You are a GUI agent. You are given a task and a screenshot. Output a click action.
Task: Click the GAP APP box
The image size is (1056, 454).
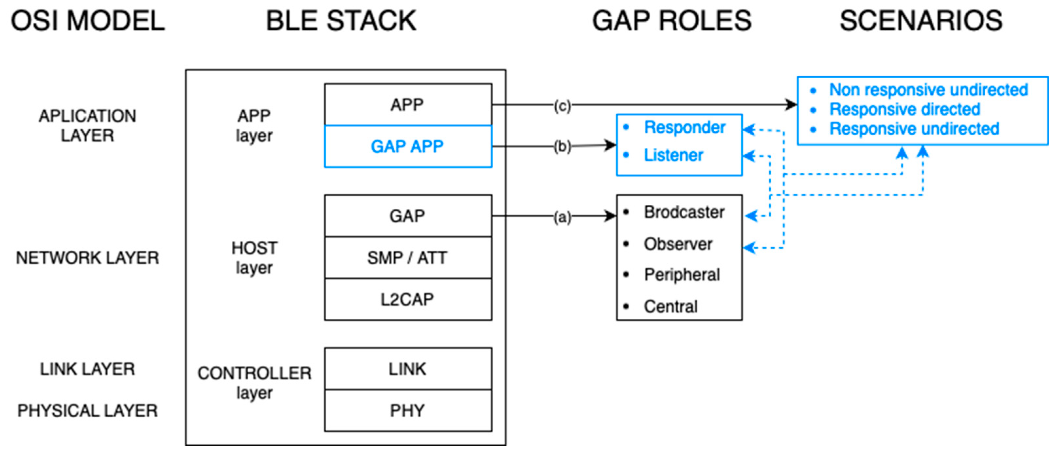coord(407,146)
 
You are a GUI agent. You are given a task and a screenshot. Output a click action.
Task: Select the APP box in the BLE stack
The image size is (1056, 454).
coord(407,105)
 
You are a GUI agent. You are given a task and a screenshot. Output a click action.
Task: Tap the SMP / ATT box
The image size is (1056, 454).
coord(407,258)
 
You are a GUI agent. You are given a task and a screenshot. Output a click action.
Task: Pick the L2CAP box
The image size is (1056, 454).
coord(407,300)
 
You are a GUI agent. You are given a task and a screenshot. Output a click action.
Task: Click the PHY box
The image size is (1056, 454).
coord(407,410)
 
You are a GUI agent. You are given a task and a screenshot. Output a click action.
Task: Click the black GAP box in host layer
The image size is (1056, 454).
coord(407,216)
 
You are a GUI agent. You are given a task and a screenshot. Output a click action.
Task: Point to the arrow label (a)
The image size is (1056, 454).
coord(562,217)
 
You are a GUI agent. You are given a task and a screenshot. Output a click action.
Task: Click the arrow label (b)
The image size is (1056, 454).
coord(562,146)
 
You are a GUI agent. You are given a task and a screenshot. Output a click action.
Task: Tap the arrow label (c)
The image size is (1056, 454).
coord(562,106)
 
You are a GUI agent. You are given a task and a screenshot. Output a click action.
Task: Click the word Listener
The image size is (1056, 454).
coord(673,155)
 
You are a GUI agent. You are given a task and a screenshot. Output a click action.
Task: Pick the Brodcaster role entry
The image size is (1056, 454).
coord(684,212)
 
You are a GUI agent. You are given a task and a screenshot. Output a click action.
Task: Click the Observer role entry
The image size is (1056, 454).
coord(678,244)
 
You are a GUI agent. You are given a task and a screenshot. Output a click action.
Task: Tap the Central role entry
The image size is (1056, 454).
coord(671,307)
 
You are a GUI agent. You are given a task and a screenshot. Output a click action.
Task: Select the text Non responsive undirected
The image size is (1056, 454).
coord(928,89)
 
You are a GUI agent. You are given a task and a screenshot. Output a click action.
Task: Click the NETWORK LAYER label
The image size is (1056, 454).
coord(87,258)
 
